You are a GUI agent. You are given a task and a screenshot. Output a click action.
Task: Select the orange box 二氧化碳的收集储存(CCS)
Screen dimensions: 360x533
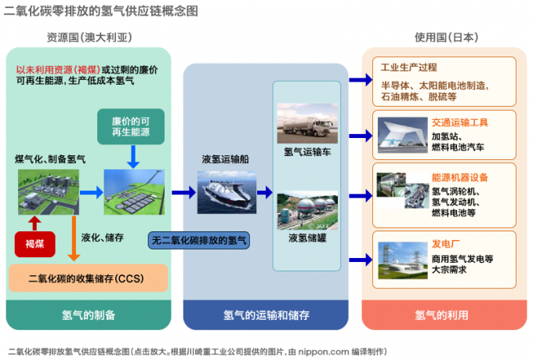(87, 278)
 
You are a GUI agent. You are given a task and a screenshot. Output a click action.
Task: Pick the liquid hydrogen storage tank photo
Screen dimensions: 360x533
(307, 209)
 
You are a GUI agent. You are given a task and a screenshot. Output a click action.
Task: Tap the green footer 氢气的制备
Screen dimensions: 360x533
(88, 315)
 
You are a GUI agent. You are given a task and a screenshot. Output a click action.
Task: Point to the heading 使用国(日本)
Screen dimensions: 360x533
(446, 37)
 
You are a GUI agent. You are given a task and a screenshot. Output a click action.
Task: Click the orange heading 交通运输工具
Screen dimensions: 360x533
(459, 122)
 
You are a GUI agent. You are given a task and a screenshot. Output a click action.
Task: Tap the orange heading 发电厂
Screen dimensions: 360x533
(445, 244)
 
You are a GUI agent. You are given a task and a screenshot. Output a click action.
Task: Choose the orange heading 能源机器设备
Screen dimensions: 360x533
(459, 177)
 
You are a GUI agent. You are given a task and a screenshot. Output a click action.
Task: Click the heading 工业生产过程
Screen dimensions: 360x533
(408, 67)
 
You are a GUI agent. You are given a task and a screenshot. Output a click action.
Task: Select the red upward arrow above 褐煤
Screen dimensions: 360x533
(34, 221)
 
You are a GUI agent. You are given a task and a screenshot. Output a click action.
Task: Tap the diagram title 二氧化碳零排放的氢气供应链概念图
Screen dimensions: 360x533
(101, 10)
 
